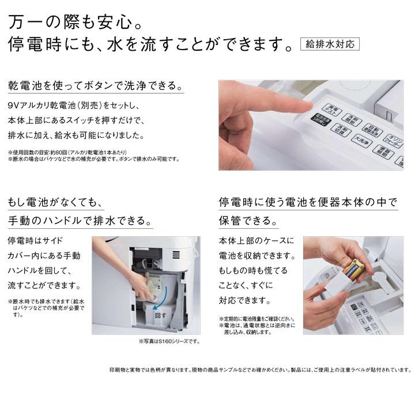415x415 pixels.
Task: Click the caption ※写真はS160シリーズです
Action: (169, 341)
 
